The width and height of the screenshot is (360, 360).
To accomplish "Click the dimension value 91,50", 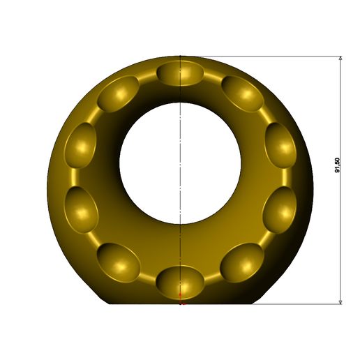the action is click(337, 165).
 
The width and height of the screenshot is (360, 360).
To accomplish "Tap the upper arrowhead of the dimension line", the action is click(340, 58).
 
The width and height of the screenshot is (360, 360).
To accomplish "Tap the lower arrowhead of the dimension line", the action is click(340, 302).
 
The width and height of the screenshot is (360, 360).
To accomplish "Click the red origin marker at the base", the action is click(181, 299).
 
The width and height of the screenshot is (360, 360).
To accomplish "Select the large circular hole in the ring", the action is click(180, 163).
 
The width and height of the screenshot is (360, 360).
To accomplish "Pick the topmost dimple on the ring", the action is click(180, 73).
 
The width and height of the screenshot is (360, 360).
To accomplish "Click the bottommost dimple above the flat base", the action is click(180, 283).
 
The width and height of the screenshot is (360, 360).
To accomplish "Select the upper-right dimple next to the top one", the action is click(243, 93).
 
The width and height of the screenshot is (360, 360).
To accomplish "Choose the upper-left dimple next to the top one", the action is click(118, 93).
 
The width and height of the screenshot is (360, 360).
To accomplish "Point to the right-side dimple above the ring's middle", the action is click(280, 145).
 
